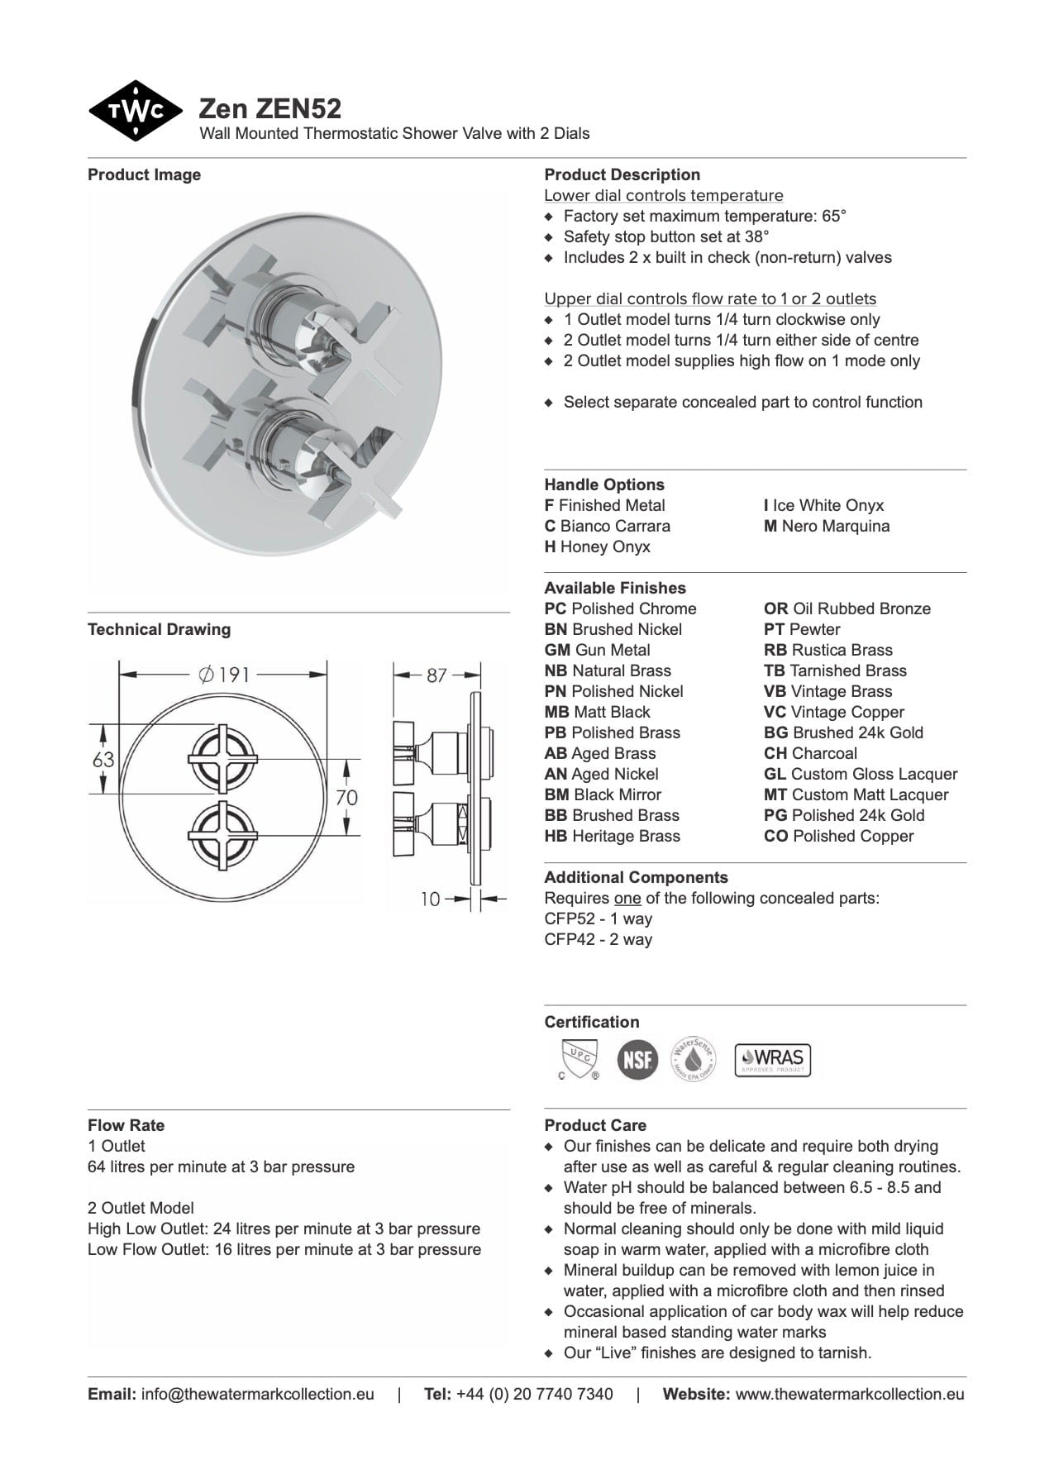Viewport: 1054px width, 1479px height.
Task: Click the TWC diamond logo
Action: tap(135, 111)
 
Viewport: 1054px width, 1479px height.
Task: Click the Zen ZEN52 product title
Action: tap(270, 108)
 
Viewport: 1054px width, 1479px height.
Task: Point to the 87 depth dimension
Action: tap(436, 675)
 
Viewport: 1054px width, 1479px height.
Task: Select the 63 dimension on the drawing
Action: tap(103, 759)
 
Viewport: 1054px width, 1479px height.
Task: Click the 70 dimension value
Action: tap(346, 797)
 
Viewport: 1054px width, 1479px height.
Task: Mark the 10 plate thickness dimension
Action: tap(431, 899)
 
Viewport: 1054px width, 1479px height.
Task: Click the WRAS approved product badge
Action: tap(773, 1059)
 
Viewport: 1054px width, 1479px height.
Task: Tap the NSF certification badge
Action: tap(637, 1059)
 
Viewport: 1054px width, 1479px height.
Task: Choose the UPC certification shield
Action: tap(578, 1059)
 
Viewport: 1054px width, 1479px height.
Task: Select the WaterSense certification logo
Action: tap(693, 1059)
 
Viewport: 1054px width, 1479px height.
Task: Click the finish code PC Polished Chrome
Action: tap(620, 608)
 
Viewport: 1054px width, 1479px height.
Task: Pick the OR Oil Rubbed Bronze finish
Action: tap(847, 608)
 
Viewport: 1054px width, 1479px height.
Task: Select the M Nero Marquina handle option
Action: tap(827, 526)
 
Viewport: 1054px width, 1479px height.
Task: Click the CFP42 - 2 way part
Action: tap(598, 939)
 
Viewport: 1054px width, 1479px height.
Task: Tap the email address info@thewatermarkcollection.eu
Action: tap(257, 1394)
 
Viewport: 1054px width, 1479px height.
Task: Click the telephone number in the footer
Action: tap(534, 1394)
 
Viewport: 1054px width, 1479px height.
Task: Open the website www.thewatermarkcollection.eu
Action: tap(849, 1394)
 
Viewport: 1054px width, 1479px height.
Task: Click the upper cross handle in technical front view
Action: tap(225, 758)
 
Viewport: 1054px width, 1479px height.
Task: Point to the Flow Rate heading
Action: tap(126, 1125)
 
